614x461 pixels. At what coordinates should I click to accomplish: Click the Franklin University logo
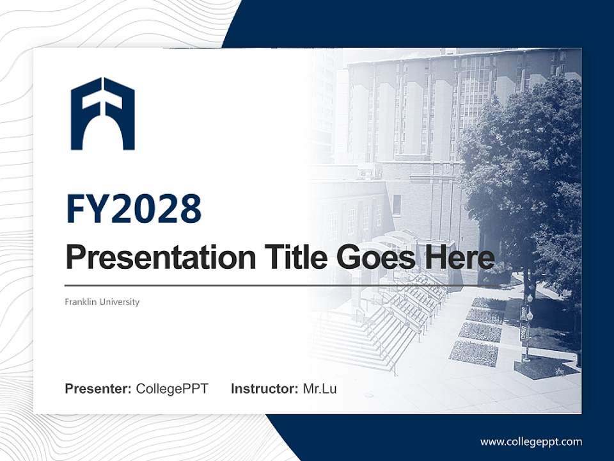(x=102, y=113)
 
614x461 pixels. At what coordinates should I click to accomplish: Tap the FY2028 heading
(x=134, y=209)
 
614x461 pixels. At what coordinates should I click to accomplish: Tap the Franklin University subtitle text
(x=102, y=302)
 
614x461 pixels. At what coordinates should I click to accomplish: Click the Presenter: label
(x=98, y=389)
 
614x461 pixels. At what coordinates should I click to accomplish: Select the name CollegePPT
(x=172, y=389)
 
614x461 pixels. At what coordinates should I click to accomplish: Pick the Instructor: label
(x=264, y=389)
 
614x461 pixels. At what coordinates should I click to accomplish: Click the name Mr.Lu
(x=320, y=389)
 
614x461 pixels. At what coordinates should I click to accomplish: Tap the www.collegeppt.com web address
(x=531, y=441)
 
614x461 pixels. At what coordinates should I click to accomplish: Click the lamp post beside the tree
(x=528, y=327)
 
